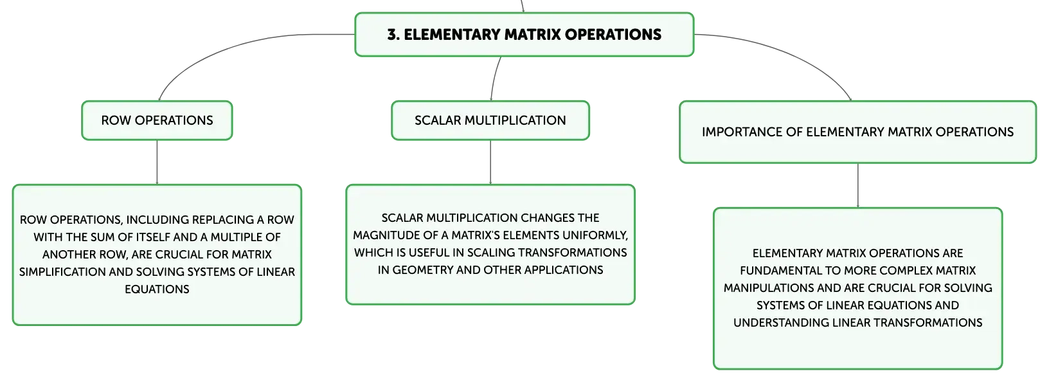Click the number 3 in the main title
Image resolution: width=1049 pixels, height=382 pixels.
[393, 35]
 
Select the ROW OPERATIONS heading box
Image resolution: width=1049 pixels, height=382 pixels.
[157, 120]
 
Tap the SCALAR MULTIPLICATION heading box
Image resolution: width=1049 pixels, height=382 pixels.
[490, 120]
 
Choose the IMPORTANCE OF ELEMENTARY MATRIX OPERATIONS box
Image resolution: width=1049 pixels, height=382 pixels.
[858, 132]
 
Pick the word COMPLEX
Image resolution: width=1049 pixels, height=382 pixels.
[888, 271]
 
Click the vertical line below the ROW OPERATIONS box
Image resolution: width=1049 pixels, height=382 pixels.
[157, 162]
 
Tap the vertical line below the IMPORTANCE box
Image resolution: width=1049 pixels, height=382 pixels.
[858, 185]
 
